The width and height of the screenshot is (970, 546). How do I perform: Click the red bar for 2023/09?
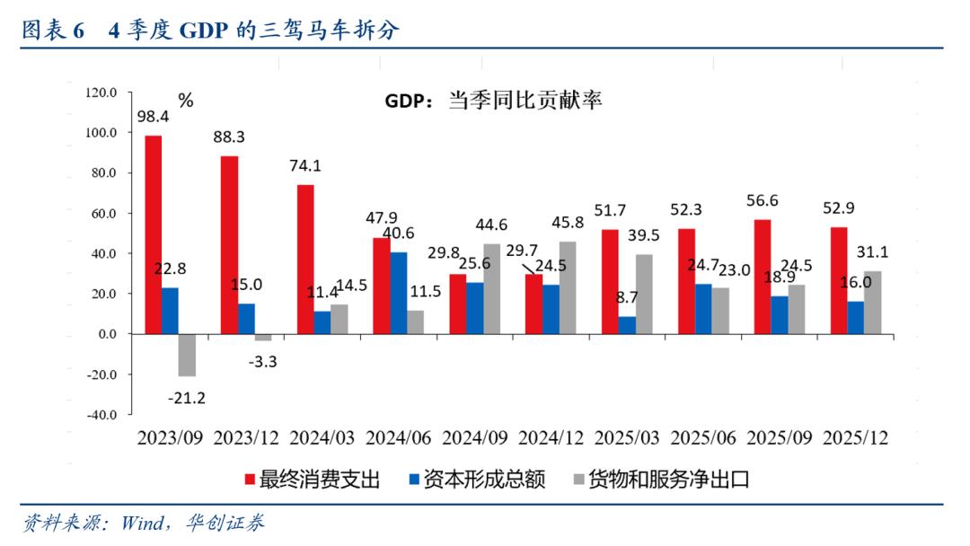[154, 234]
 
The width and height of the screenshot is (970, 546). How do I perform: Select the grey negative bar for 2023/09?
[187, 355]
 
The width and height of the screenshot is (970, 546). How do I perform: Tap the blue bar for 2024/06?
[398, 293]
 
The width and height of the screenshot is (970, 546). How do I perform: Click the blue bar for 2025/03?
[627, 325]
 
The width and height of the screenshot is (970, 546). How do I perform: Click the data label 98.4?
[154, 116]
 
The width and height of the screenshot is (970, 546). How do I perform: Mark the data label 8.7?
[627, 297]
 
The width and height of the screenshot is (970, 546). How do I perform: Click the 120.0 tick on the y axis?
[101, 92]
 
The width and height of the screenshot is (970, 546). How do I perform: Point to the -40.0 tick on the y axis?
[101, 415]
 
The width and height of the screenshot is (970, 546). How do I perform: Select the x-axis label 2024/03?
[322, 438]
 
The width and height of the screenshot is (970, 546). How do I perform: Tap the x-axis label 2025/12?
[855, 438]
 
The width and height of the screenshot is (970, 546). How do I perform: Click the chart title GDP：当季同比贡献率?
[493, 100]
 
